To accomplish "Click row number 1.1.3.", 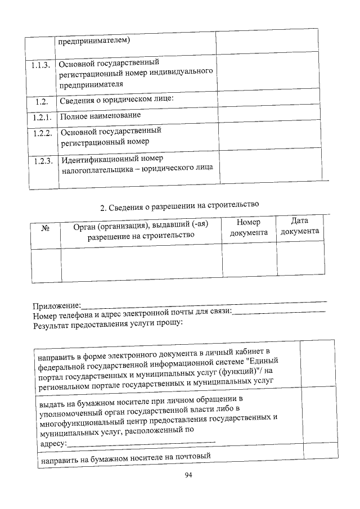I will point(41,65).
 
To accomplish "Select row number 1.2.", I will point(40,102).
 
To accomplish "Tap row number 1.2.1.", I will point(42,118).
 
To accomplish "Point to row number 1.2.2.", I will point(42,133).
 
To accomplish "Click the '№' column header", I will point(46,229).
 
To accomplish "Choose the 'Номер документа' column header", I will point(249,227).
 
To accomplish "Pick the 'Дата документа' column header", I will point(300,226).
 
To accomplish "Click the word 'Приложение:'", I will point(56,306).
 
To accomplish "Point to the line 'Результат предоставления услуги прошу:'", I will point(108,325).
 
